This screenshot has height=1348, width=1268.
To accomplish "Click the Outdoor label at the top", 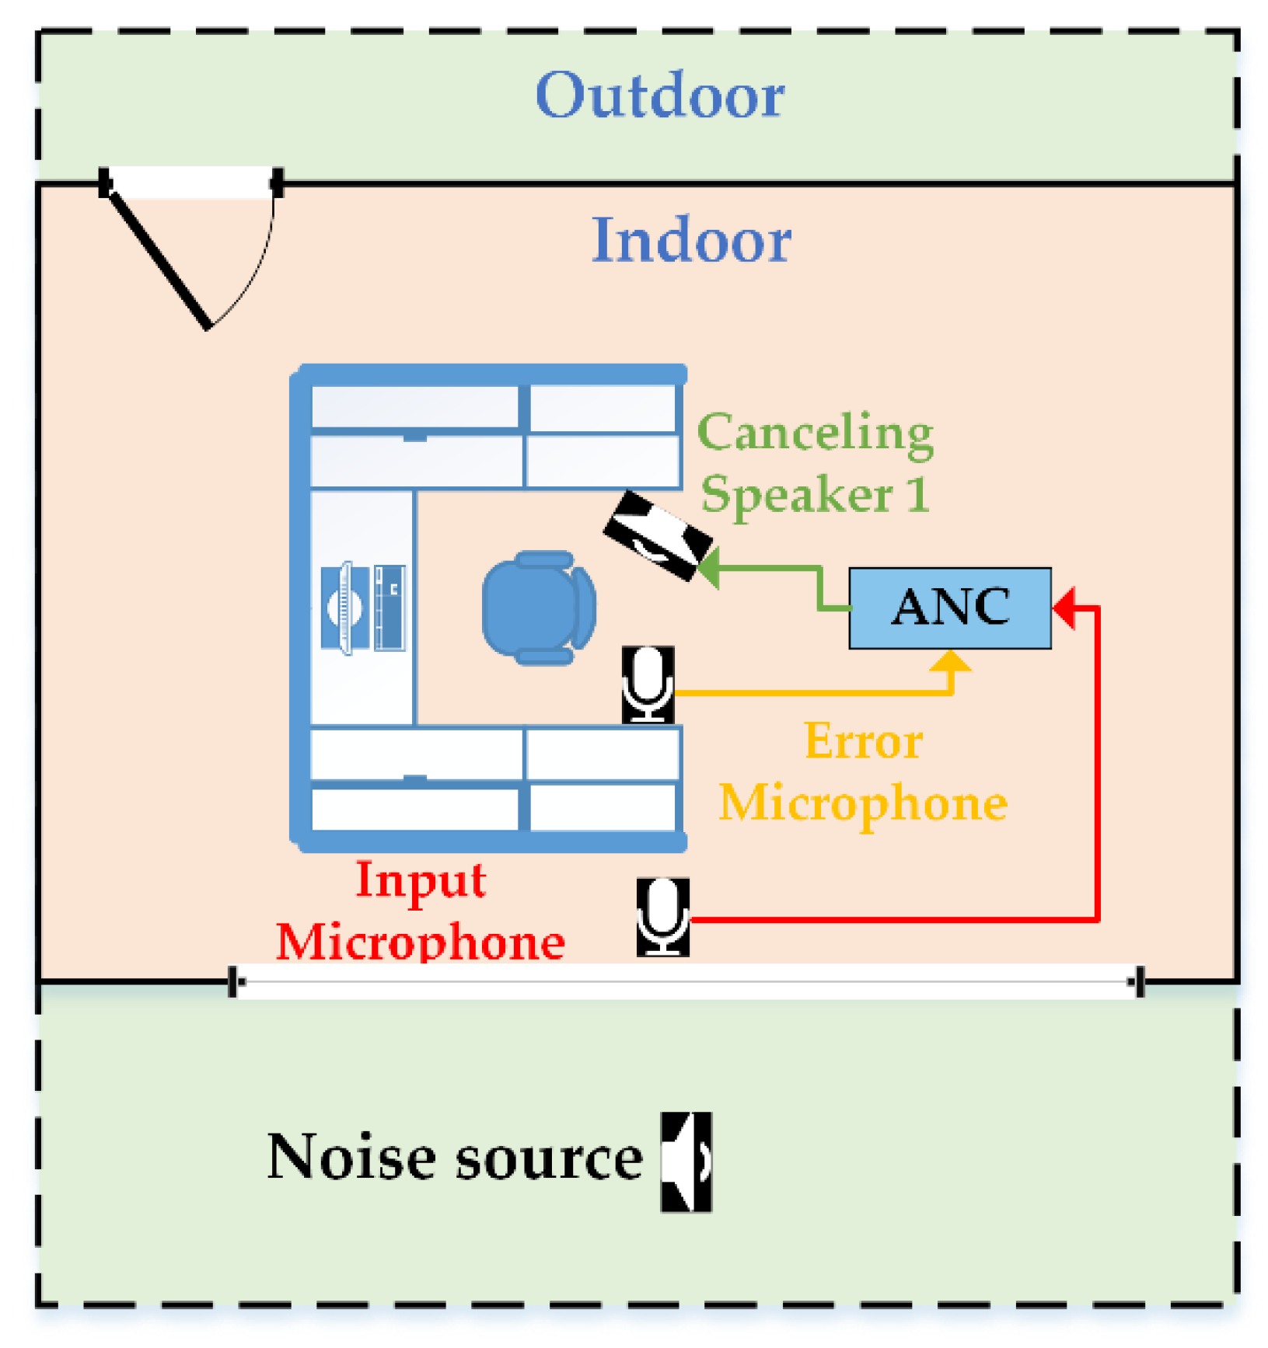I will tap(660, 95).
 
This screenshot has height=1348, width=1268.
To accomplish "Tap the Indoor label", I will tap(690, 240).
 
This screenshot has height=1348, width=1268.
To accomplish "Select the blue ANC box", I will tap(949, 608).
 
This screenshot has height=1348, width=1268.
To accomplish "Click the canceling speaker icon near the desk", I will tap(657, 535).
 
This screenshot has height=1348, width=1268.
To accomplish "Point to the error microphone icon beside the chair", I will tap(647, 684).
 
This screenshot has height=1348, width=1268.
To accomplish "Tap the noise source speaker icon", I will tap(686, 1161).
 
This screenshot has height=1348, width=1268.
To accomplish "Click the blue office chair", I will tap(537, 607).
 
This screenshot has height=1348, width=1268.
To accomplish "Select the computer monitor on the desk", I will tap(344, 608).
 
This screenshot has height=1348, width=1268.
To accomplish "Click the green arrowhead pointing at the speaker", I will tap(707, 566).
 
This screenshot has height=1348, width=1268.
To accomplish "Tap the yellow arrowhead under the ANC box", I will tap(950, 660).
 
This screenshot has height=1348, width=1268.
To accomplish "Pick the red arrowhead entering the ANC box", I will tap(1064, 607).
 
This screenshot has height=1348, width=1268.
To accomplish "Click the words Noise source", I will tap(455, 1158).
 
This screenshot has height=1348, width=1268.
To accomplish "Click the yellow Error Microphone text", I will tap(863, 772).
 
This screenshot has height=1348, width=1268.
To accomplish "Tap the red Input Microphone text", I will tap(421, 911).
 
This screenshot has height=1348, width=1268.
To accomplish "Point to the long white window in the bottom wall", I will tap(684, 981).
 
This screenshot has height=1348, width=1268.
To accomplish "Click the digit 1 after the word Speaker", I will tap(918, 493).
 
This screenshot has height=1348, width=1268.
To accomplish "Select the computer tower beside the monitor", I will tap(389, 608).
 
